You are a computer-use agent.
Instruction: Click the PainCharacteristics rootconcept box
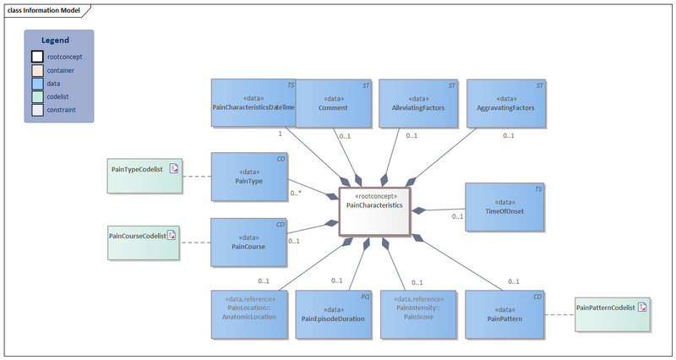coord(374,210)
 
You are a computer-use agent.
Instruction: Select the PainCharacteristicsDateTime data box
coord(253,103)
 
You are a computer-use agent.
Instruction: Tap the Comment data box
coord(333,103)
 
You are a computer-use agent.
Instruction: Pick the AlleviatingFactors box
coord(418,103)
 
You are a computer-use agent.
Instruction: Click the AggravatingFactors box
coord(506,103)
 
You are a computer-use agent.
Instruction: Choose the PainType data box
coord(248,177)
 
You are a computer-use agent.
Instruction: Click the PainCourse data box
coord(248,243)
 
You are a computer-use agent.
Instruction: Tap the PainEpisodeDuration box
coord(333,314)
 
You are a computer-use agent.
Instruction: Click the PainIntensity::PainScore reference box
coord(418,314)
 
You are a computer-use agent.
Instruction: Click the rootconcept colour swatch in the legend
coord(37,57)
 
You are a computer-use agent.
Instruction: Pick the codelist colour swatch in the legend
coord(37,97)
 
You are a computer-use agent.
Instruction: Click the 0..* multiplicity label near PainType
coord(296,194)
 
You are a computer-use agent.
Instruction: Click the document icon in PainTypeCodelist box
coord(173,169)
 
